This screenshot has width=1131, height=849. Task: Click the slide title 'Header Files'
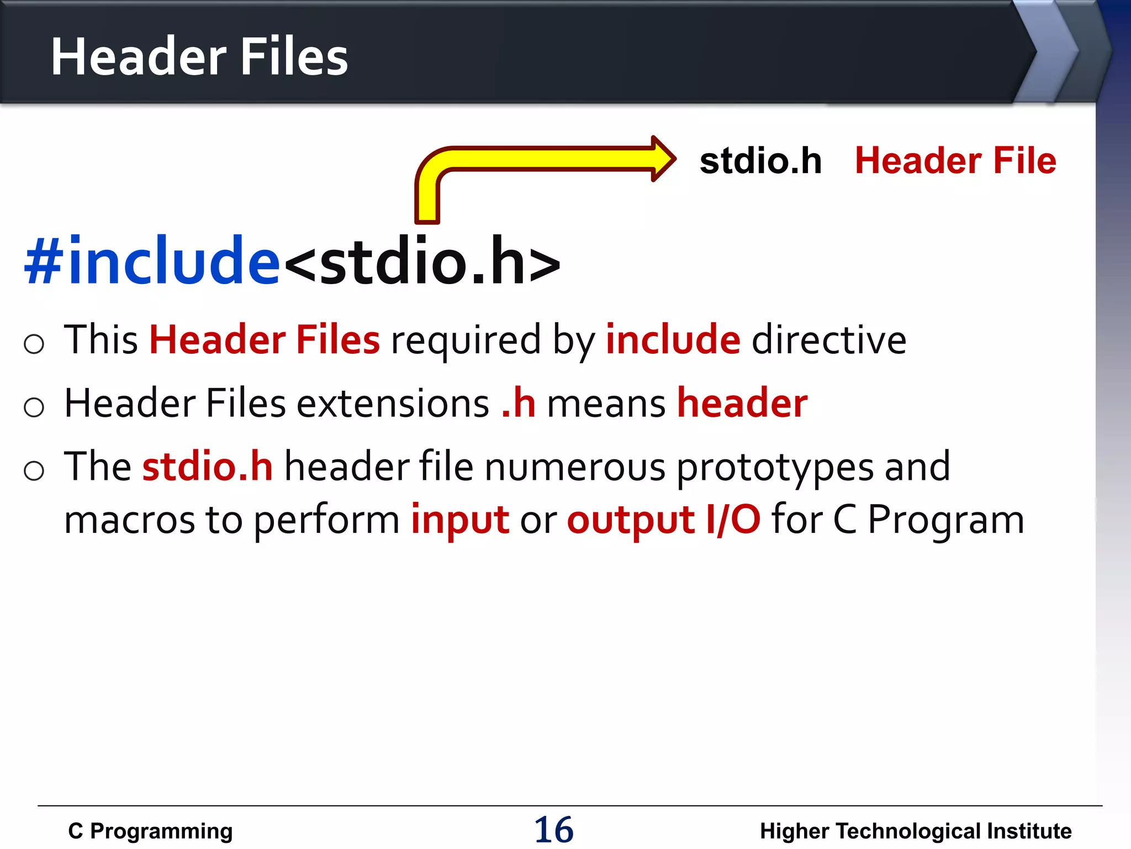[199, 56]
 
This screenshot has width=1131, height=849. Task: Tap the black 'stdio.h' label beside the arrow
[760, 161]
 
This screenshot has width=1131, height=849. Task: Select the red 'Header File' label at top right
[955, 161]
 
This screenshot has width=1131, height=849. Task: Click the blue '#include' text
[152, 260]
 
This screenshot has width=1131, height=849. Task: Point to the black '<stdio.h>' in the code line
[422, 261]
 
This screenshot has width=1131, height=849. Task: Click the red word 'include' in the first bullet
[673, 339]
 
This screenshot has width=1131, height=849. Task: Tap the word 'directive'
[829, 339]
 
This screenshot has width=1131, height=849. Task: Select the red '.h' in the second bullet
[519, 403]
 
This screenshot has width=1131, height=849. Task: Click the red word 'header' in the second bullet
[742, 403]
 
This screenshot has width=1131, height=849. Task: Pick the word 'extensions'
[393, 403]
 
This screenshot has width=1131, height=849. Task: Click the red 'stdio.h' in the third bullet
[208, 467]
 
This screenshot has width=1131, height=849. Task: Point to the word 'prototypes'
[775, 468]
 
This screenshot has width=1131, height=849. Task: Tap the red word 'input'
[460, 520]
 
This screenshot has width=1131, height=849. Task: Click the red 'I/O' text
[733, 520]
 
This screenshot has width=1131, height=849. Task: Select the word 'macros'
[130, 520]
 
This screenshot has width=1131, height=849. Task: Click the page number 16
[554, 830]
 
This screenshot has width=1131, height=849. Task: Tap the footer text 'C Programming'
[150, 831]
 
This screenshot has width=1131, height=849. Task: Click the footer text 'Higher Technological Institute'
[916, 831]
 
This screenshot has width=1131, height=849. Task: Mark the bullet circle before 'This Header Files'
[34, 344]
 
